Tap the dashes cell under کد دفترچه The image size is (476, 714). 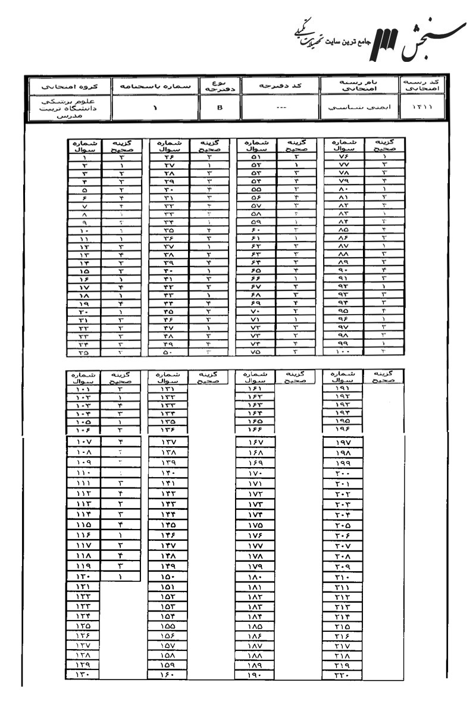coord(281,109)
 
